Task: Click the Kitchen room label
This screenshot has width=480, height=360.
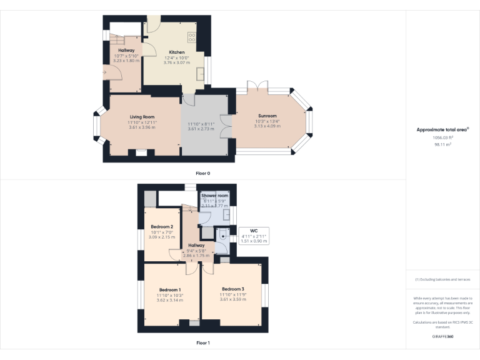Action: click(176, 52)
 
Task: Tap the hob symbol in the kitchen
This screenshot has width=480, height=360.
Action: click(192, 37)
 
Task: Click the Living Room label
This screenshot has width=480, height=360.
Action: click(142, 117)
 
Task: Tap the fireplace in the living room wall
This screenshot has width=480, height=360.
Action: click(141, 151)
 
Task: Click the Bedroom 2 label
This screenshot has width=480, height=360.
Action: click(162, 226)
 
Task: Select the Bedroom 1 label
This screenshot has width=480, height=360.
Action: click(169, 290)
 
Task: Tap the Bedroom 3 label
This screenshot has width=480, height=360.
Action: click(232, 289)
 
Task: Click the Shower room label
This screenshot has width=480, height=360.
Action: click(214, 196)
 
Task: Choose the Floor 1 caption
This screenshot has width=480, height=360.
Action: click(202, 343)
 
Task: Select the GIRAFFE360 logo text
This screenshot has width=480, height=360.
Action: click(442, 336)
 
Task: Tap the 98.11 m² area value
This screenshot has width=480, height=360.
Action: click(442, 144)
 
